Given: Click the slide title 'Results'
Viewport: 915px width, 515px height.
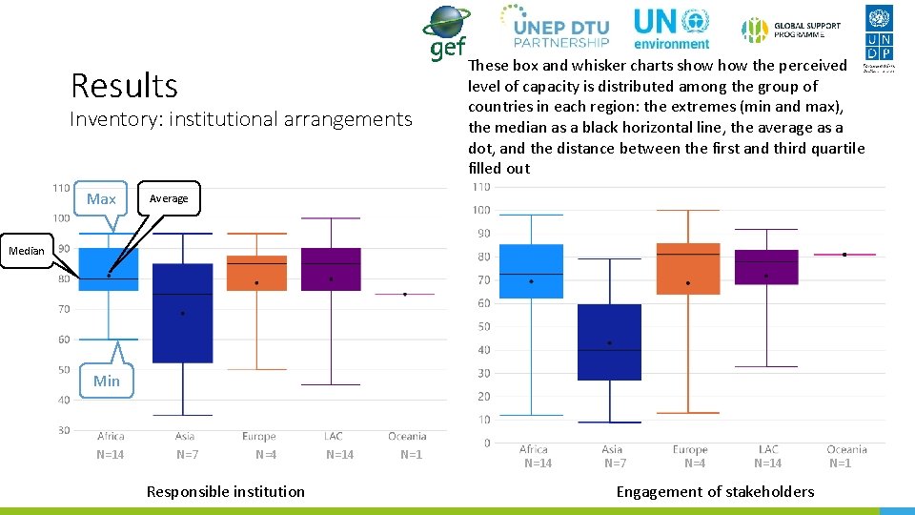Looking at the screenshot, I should point(124,86).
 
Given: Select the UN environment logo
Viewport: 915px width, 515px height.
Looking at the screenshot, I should point(672,28).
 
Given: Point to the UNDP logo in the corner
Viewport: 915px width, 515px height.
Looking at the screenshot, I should point(879,36).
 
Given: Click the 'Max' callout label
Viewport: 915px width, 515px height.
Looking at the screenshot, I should point(101,199).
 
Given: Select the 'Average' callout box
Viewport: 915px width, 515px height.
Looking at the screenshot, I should point(169,198).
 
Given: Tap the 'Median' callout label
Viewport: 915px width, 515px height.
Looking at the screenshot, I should point(26,251).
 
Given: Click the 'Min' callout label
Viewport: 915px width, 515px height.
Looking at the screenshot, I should point(107,381).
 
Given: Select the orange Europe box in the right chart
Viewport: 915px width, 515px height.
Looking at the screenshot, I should point(689,268).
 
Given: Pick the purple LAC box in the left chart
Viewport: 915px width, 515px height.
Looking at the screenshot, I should point(331,269).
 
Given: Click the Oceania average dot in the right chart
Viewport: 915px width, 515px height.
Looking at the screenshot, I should point(844,255).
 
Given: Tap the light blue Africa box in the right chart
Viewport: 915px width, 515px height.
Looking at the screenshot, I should point(531,271).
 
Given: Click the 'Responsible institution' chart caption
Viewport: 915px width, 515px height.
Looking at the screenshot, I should point(226,492).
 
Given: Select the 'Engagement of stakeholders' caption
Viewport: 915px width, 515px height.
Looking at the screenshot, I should point(715,492).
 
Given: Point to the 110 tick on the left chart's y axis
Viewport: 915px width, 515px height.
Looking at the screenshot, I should point(61,188).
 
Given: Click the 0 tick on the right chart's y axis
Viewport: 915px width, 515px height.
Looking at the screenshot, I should point(486,443).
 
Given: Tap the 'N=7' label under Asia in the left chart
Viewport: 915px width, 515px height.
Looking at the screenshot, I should point(188,455).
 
